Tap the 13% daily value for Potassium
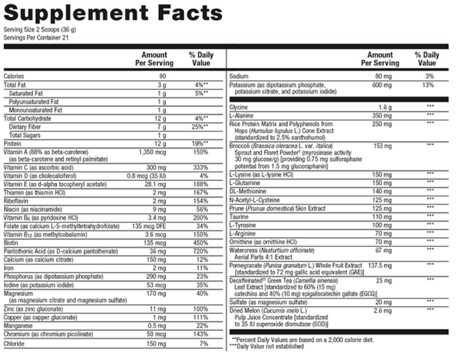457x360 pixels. click(429, 84)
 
